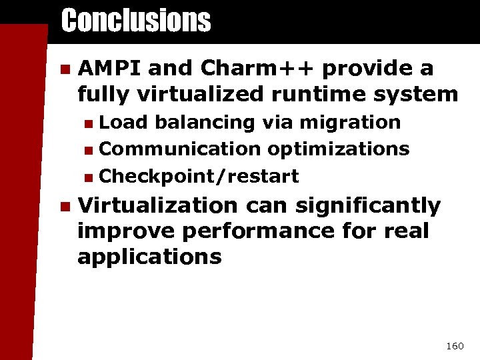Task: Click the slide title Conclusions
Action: (x=135, y=21)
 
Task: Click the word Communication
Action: (x=180, y=149)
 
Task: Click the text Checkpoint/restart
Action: (x=199, y=177)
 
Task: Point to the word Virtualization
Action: (x=157, y=206)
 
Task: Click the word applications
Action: (x=149, y=257)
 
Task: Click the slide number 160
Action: (x=454, y=346)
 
